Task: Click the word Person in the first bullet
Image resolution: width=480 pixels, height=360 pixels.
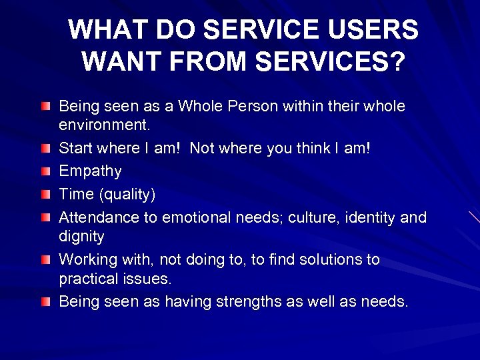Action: point(250,107)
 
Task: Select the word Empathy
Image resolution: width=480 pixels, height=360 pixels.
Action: point(90,171)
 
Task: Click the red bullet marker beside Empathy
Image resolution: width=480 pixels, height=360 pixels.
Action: point(44,171)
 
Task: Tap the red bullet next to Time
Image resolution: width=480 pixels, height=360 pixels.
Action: point(44,194)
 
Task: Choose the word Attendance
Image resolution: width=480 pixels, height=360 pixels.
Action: point(98,217)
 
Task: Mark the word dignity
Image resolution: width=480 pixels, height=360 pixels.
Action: point(81,235)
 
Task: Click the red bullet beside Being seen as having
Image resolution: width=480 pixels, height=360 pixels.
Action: point(44,301)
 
